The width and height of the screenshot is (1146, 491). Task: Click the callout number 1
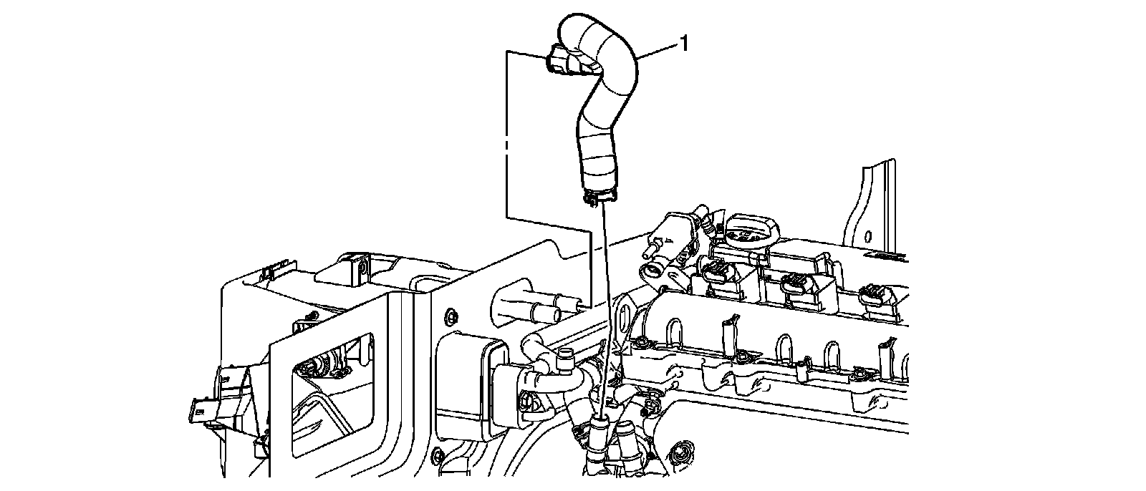coord(683,44)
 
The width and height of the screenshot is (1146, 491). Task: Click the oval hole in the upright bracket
coord(867,236)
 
